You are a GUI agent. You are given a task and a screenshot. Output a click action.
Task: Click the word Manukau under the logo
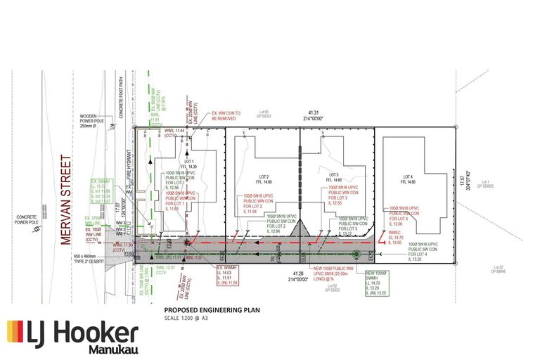[113, 349]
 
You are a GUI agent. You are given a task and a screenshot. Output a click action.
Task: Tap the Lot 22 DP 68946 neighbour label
[500, 269]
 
